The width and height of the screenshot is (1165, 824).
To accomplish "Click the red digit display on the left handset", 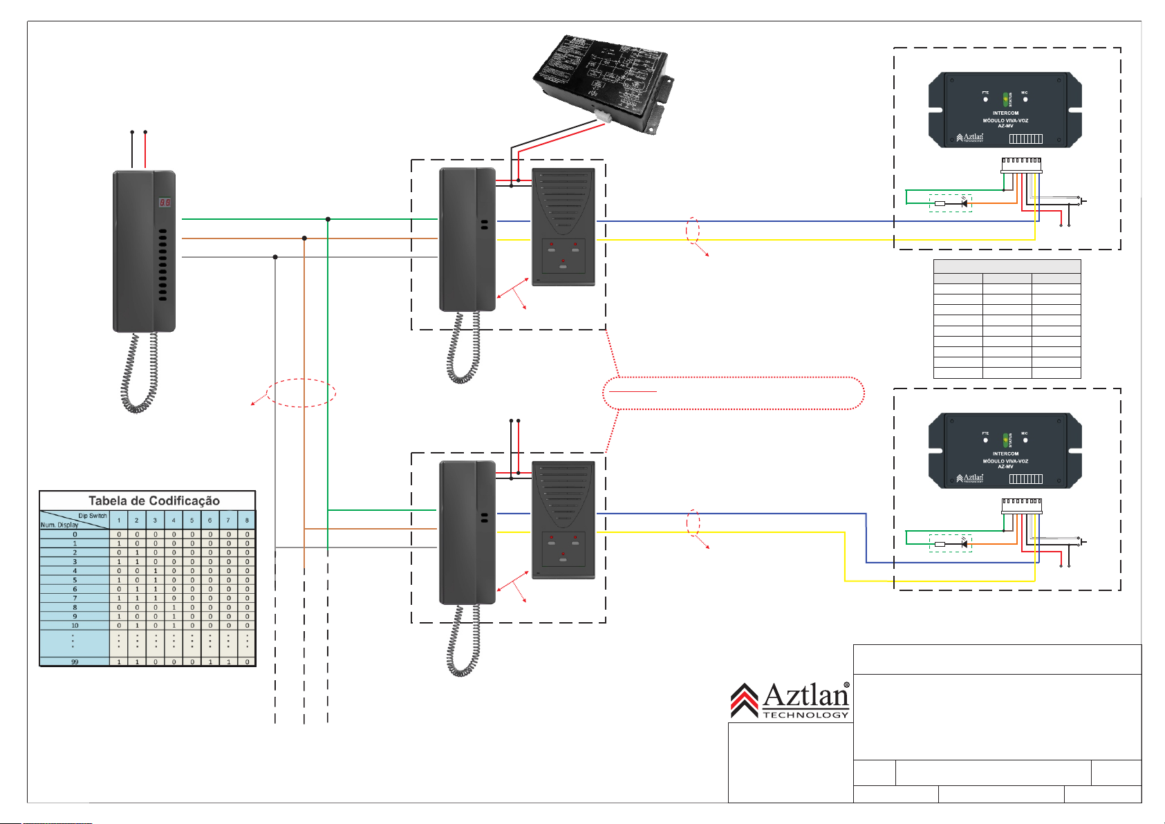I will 165,203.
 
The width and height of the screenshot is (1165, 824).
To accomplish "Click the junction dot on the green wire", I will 328,219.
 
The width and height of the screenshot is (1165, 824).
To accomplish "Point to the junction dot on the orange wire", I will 304,238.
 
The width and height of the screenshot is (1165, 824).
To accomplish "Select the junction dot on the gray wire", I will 275,257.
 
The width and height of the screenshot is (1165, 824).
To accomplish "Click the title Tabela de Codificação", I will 153,500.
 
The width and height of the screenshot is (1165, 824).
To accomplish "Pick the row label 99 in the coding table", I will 75,662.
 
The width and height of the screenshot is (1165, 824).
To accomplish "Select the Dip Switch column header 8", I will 247,520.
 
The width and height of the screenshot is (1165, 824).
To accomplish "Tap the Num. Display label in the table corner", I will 59,525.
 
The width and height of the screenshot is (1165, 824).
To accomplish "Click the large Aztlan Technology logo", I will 790,700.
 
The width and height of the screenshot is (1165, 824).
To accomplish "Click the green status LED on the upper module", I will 1005,100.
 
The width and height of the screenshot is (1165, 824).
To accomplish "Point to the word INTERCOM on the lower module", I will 1005,454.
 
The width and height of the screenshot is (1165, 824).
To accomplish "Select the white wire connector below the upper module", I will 1021,165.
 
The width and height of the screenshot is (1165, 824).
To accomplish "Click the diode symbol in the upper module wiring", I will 964,203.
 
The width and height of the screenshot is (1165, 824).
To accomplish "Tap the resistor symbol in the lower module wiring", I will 940,544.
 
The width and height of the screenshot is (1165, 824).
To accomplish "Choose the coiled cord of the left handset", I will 140,374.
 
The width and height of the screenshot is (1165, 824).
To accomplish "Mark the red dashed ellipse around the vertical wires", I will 301,393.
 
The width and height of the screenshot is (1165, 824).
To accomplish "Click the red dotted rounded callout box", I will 734,393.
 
